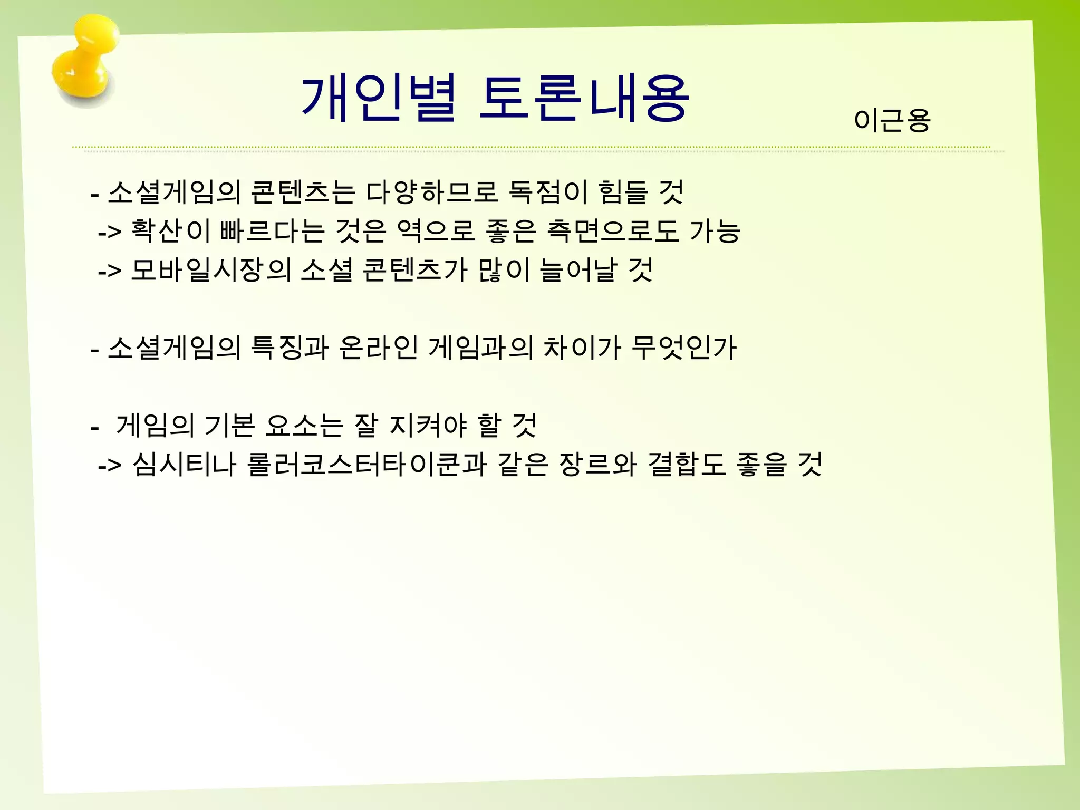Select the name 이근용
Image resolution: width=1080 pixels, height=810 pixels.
pyautogui.click(x=892, y=121)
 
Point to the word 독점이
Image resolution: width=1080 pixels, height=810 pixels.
pyautogui.click(x=548, y=192)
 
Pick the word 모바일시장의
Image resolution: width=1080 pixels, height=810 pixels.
pyautogui.click(x=210, y=271)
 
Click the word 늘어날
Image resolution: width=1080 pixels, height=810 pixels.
pyautogui.click(x=578, y=271)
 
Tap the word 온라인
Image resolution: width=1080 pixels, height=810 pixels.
pyautogui.click(x=379, y=348)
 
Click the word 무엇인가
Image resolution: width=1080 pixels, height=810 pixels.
pyautogui.click(x=683, y=348)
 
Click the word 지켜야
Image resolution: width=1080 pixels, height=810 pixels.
pyautogui.click(x=428, y=426)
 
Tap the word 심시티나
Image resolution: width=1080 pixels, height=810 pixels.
pyautogui.click(x=184, y=465)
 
